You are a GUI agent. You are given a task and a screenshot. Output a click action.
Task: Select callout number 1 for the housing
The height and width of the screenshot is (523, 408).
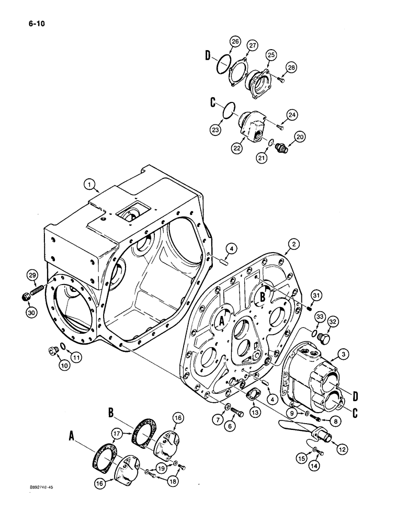tap(90, 184)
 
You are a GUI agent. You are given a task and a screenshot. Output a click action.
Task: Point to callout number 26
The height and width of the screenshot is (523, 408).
tap(235, 42)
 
